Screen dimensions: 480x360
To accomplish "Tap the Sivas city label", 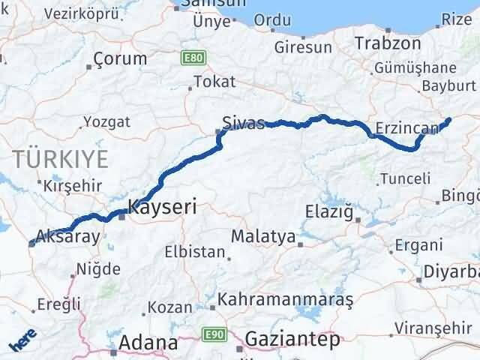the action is click(244, 123).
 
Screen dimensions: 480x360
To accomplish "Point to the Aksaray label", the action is click(67, 235).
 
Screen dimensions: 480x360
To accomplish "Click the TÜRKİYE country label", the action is click(59, 159).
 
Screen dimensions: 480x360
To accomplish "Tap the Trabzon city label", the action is click(388, 43).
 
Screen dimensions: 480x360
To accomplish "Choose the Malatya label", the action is click(263, 237).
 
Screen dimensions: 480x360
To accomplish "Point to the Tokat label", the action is click(214, 82).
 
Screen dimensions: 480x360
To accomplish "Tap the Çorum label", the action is click(121, 58).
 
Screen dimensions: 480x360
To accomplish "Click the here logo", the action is click(22, 341).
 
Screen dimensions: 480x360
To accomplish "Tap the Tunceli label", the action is click(405, 178).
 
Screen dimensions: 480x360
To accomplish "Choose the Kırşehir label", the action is click(66, 184).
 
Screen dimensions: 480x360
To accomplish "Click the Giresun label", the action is click(303, 47).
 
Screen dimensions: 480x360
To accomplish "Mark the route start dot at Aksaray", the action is click(31, 243).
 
